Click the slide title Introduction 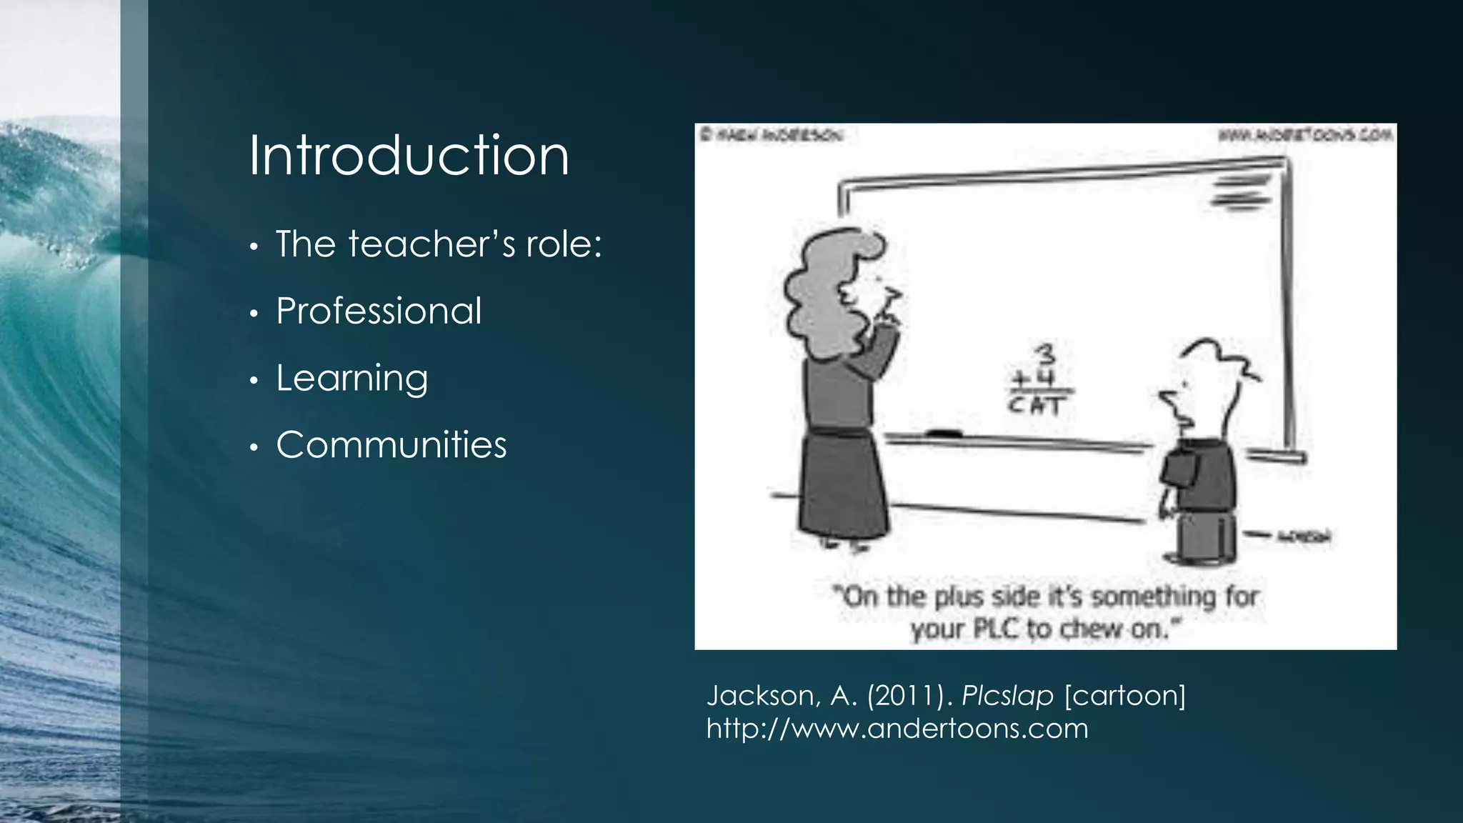(x=409, y=156)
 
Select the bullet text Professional (x=379, y=311)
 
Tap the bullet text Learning (x=351, y=378)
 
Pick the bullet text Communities (x=391, y=444)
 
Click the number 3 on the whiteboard (x=1044, y=354)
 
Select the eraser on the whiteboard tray (x=944, y=433)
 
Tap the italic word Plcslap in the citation (x=1007, y=695)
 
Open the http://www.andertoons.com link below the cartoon (x=897, y=729)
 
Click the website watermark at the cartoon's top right (x=1305, y=134)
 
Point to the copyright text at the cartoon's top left (x=772, y=134)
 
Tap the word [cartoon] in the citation (x=1125, y=695)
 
